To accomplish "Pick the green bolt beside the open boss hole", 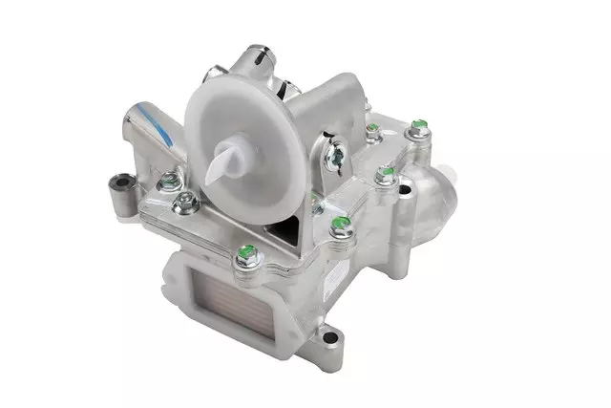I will (386, 174).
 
